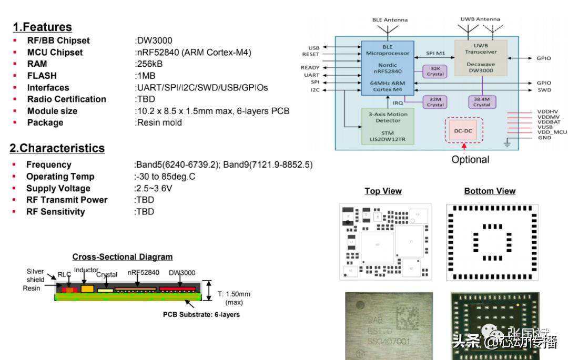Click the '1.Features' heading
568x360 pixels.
42,27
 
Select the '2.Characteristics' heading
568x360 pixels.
57,148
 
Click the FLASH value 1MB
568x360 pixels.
146,76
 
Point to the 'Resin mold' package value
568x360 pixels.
158,122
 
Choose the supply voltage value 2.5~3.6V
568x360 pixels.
153,188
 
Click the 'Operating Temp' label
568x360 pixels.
60,177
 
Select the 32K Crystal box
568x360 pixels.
435,71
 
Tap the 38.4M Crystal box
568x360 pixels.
481,101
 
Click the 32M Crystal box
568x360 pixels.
435,101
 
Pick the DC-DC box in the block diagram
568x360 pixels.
463,130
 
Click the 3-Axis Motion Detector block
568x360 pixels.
388,126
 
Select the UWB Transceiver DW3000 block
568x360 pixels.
481,58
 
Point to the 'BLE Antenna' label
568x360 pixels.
390,20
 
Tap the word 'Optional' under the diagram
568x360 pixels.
470,159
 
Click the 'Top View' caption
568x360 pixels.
383,191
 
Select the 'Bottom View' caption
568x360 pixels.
490,191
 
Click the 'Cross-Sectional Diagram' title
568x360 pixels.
122,257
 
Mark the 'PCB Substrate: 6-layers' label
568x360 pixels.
201,315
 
